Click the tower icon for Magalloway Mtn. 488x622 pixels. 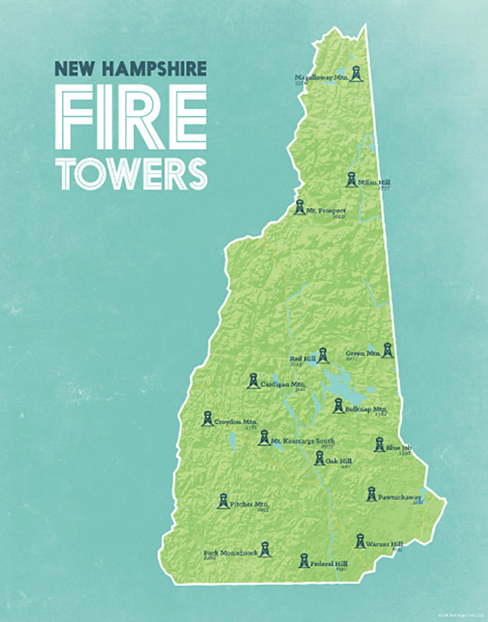355,73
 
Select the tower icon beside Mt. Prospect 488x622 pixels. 300,207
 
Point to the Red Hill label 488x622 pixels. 303,359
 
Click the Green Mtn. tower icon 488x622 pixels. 387,350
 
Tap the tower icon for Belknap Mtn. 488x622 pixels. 338,406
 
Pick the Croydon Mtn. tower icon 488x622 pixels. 208,419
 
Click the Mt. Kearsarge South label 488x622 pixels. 302,441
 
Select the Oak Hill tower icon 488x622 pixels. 319,458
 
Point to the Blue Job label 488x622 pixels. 398,447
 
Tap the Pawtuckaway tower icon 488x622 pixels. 371,494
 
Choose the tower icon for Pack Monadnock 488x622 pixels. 265,549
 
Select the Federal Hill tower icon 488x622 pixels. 303,561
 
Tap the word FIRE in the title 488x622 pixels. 131,118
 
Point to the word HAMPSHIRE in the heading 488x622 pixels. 160,68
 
